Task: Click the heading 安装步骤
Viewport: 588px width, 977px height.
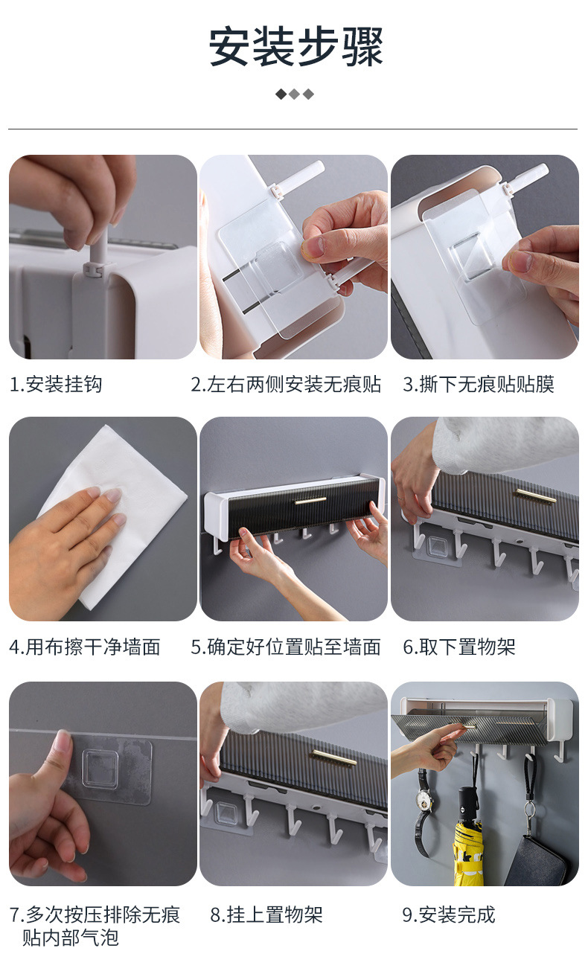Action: [x=295, y=46]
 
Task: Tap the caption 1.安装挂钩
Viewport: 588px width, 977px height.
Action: [x=56, y=384]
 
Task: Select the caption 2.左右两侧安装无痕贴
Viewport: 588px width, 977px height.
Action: [x=286, y=384]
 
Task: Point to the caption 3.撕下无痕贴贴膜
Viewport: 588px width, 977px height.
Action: [x=479, y=384]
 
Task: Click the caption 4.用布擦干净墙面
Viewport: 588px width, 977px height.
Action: [x=85, y=647]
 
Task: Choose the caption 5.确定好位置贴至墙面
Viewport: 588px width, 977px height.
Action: [x=286, y=647]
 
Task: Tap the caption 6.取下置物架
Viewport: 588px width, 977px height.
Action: [x=459, y=647]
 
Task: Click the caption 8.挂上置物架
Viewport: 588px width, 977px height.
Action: [x=266, y=914]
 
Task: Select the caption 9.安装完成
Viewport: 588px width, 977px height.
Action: [x=449, y=914]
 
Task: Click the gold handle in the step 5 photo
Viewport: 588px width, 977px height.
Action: [x=310, y=501]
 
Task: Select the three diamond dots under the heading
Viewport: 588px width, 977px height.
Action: [x=295, y=94]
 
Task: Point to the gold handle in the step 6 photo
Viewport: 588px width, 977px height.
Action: [x=535, y=495]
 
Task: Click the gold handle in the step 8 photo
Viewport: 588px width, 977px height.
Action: [x=333, y=758]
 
